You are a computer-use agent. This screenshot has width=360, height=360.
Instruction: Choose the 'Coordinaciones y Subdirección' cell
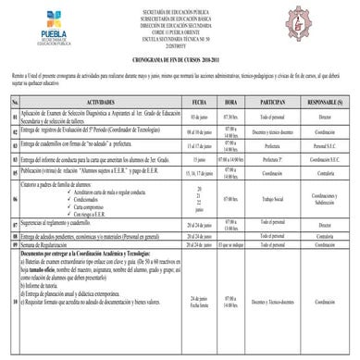(323, 196)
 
